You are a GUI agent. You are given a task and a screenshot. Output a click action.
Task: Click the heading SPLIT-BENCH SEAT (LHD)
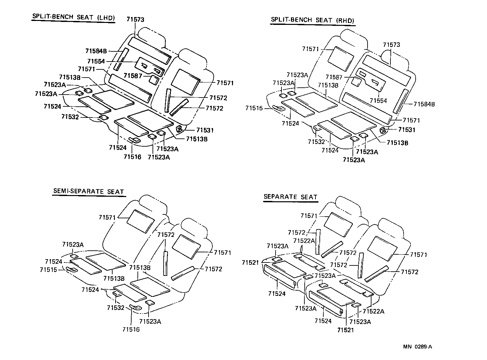(x=73, y=17)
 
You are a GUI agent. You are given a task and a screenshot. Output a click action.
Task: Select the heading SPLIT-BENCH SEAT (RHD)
(x=313, y=20)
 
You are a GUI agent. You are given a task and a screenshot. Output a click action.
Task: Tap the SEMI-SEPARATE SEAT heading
(x=88, y=192)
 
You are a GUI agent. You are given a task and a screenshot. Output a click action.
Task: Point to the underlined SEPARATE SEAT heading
(x=291, y=197)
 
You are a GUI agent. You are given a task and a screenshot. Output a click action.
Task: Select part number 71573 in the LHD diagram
(x=135, y=20)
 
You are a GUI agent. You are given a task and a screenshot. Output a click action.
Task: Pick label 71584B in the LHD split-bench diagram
(x=96, y=51)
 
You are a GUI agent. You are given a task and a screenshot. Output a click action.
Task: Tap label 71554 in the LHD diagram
(x=96, y=61)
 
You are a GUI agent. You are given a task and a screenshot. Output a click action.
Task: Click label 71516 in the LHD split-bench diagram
(x=132, y=157)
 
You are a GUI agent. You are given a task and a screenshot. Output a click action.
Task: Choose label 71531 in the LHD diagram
(x=205, y=130)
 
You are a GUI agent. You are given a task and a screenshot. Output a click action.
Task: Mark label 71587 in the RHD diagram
(x=334, y=77)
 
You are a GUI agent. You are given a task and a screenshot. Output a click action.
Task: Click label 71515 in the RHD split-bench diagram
(x=254, y=108)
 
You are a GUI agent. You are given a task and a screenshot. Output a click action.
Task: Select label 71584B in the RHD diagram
(x=424, y=104)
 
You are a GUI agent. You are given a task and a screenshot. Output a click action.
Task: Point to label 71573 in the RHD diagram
(x=391, y=45)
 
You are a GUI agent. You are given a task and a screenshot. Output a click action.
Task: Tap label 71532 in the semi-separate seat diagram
(x=116, y=308)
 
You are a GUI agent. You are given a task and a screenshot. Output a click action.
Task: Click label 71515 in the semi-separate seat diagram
(x=49, y=270)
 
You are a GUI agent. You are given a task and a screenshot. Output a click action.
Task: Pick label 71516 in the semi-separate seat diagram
(x=131, y=329)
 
